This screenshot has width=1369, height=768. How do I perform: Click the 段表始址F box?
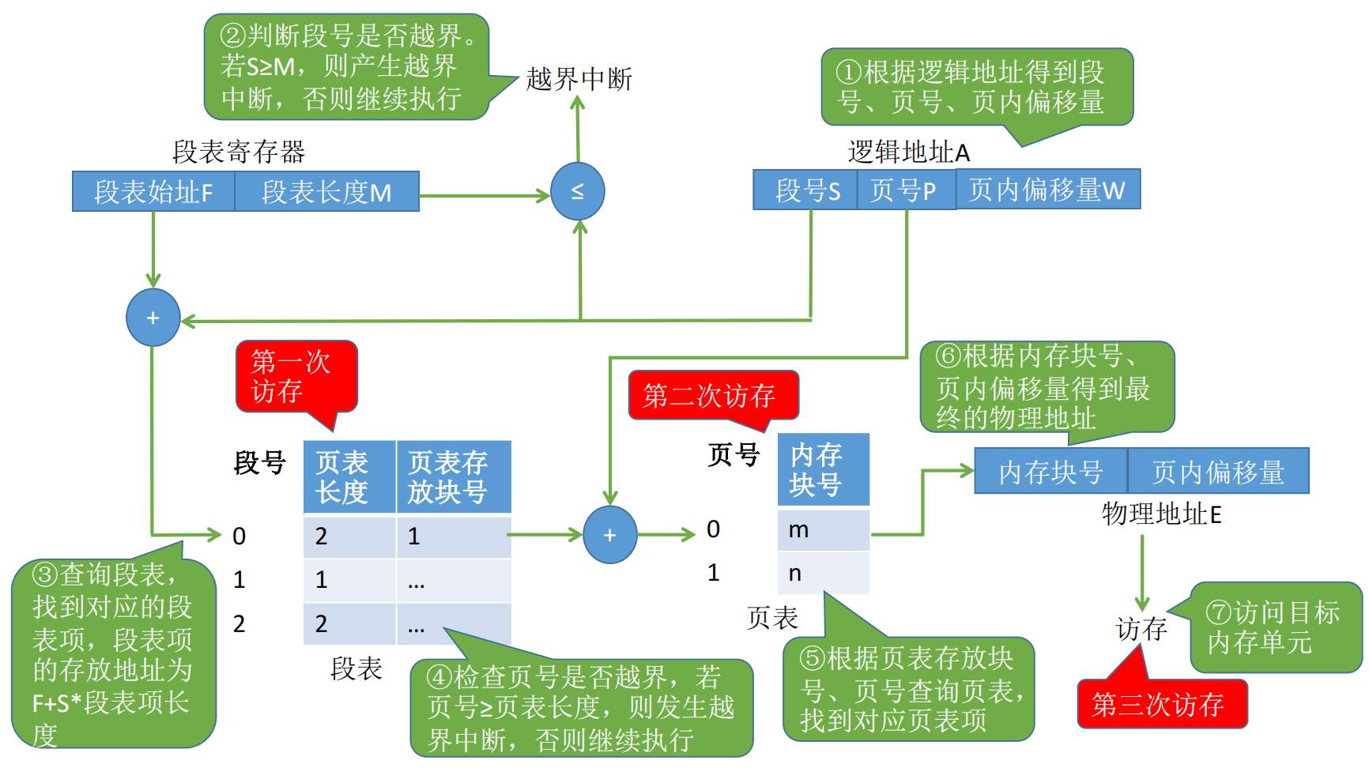point(153,191)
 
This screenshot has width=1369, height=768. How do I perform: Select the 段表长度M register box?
point(326,191)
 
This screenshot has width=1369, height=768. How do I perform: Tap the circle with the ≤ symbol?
point(578,191)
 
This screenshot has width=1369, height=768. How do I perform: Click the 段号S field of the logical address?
point(805,190)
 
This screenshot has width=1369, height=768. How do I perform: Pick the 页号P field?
point(907,190)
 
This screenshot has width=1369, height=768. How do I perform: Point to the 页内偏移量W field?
point(1048,189)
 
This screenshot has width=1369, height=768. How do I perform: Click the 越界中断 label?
point(579,79)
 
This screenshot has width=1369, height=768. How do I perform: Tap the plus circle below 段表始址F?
point(153,318)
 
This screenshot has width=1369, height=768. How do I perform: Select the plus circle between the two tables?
point(610,535)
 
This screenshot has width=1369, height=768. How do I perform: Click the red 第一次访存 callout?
point(296,378)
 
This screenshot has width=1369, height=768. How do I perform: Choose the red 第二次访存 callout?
point(713,396)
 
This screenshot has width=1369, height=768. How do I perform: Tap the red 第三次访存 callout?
point(1161,702)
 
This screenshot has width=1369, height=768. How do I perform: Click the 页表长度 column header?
point(349,477)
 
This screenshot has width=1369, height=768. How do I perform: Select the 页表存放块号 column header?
point(454,477)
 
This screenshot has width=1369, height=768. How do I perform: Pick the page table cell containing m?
point(824,529)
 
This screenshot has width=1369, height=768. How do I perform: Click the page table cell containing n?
point(824,573)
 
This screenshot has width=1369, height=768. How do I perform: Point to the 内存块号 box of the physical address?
point(1050,471)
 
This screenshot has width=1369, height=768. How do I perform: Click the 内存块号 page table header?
point(824,469)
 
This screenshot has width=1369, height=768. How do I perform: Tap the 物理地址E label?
point(1162,514)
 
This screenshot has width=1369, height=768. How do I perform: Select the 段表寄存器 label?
point(239,152)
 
